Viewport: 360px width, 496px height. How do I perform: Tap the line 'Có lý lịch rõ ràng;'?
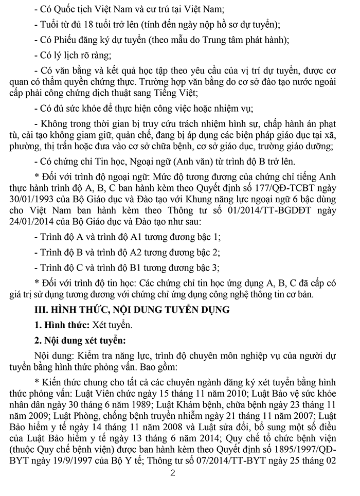point(73,55)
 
